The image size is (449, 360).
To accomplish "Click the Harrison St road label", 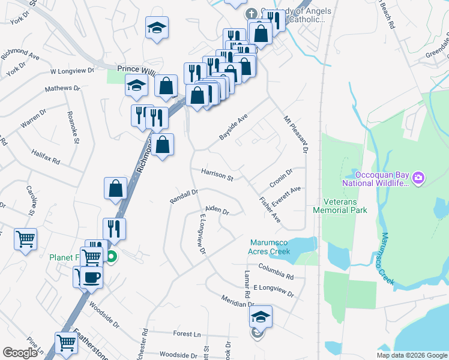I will [217, 175].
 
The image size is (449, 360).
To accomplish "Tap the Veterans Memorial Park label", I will [340, 206].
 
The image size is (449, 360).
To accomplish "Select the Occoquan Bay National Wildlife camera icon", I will [418, 178].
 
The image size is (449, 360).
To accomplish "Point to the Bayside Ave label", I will [234, 128].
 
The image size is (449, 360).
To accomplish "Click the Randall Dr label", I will [184, 196].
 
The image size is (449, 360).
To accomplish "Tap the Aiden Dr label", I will [217, 210].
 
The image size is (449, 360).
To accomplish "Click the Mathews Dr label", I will [62, 89].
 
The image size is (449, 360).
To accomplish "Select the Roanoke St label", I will [74, 127].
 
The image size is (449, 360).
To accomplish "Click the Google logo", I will [20, 353].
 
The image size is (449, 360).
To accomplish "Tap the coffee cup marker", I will [91, 277].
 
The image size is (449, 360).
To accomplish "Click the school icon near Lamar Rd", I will [261, 316].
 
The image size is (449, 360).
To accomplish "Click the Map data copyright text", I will [411, 355].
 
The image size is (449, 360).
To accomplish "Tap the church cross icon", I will [252, 13].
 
